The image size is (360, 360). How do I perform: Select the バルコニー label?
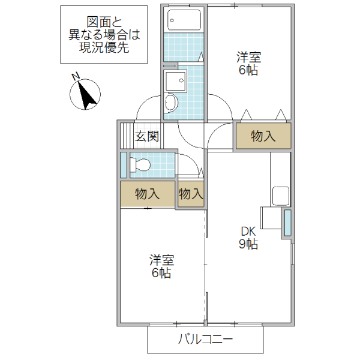click(205, 340)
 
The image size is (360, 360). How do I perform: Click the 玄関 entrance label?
click(146, 136)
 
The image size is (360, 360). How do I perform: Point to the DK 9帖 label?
click(249, 238)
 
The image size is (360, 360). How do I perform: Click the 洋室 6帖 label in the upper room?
click(248, 64)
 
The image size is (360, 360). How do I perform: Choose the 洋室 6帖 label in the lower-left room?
click(161, 267)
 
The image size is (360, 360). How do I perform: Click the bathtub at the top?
click(183, 22)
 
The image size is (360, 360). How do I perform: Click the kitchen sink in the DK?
click(281, 196)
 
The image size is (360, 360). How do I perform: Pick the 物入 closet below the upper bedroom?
click(263, 136)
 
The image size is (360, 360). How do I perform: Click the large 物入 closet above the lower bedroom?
click(147, 194)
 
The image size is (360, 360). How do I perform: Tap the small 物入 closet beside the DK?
click(190, 194)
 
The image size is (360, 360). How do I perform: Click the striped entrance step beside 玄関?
click(126, 136)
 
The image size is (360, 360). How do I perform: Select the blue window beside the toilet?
click(124, 165)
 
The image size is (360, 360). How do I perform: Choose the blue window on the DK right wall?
click(287, 223)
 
